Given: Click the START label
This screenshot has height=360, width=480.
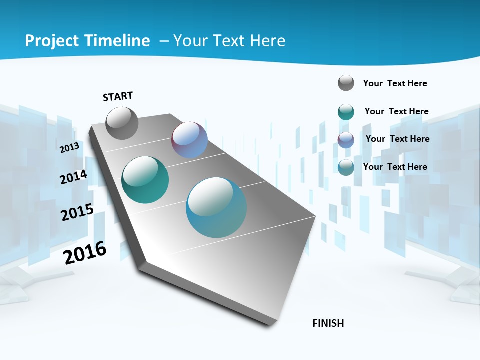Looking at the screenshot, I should pyautogui.click(x=118, y=96).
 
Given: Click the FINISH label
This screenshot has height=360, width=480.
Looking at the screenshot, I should pyautogui.click(x=328, y=323).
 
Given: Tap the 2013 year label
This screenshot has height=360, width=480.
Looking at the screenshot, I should pyautogui.click(x=70, y=147).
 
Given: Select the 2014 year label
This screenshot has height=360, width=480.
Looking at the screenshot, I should pyautogui.click(x=73, y=177).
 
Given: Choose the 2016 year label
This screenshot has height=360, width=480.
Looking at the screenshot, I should pyautogui.click(x=85, y=253).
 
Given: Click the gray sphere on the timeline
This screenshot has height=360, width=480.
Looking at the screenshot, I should pyautogui.click(x=122, y=123).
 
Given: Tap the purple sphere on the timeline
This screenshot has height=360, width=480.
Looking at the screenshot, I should pyautogui.click(x=189, y=140).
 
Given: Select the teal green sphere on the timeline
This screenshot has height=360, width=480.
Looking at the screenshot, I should pyautogui.click(x=145, y=180).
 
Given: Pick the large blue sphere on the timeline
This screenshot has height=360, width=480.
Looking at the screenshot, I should pyautogui.click(x=216, y=207).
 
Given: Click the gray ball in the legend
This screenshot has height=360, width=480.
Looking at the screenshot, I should pyautogui.click(x=346, y=83).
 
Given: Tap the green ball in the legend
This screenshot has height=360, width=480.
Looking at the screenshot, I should pyautogui.click(x=346, y=112).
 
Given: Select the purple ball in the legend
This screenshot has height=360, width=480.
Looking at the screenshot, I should pyautogui.click(x=346, y=140).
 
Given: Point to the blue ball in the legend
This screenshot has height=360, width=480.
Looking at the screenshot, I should pyautogui.click(x=346, y=167).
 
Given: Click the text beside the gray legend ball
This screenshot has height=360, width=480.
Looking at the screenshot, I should pyautogui.click(x=395, y=83).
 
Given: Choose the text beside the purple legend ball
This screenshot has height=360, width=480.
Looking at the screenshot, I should pyautogui.click(x=397, y=139).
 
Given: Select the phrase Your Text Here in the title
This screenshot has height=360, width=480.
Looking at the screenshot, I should pyautogui.click(x=229, y=40).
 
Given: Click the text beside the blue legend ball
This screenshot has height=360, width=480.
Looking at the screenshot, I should pyautogui.click(x=395, y=167).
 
